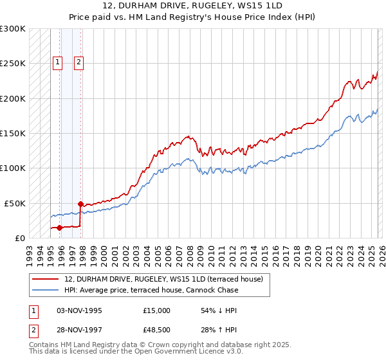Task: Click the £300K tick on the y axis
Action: pos(13,29)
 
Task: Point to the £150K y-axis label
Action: pos(13,134)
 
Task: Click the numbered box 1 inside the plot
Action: pos(57,62)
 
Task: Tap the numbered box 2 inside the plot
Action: pos(78,62)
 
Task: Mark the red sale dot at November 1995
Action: pos(59,228)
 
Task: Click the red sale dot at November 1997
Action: pos(81,204)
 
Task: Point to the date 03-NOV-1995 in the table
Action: pos(78,310)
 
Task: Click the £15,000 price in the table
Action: pos(157,310)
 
